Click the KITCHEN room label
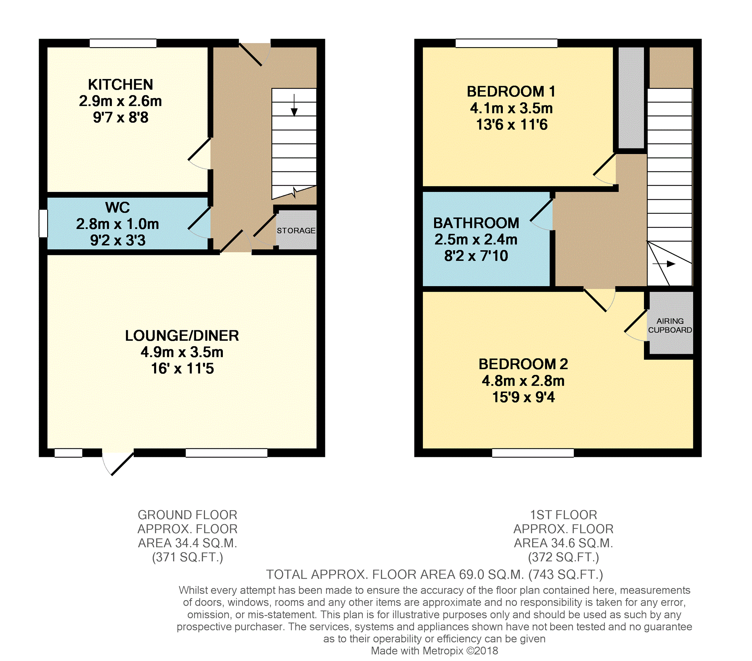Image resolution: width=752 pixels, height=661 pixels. [120, 85]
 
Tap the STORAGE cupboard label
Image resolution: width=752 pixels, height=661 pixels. [296, 230]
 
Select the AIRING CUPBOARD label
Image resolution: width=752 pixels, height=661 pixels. [670, 325]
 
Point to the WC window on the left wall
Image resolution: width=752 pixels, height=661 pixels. [43, 223]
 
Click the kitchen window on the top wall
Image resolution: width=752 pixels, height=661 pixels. [123, 43]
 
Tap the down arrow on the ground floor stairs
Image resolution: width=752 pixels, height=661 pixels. [294, 105]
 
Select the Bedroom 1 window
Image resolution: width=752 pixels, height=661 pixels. [507, 43]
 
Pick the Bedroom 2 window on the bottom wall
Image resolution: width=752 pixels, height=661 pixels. [533, 453]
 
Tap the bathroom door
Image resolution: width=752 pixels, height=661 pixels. [541, 215]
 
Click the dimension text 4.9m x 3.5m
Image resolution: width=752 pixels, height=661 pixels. [182, 352]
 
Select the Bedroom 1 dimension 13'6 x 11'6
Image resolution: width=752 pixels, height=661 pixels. [512, 125]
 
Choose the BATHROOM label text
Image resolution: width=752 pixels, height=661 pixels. [476, 223]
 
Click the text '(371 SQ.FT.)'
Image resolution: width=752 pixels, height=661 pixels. [188, 557]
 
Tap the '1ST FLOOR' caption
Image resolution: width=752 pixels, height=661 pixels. [563, 515]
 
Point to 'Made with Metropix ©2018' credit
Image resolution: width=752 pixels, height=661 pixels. [434, 651]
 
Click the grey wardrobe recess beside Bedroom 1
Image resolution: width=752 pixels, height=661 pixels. [631, 98]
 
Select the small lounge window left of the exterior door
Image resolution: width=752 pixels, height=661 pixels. [68, 453]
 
